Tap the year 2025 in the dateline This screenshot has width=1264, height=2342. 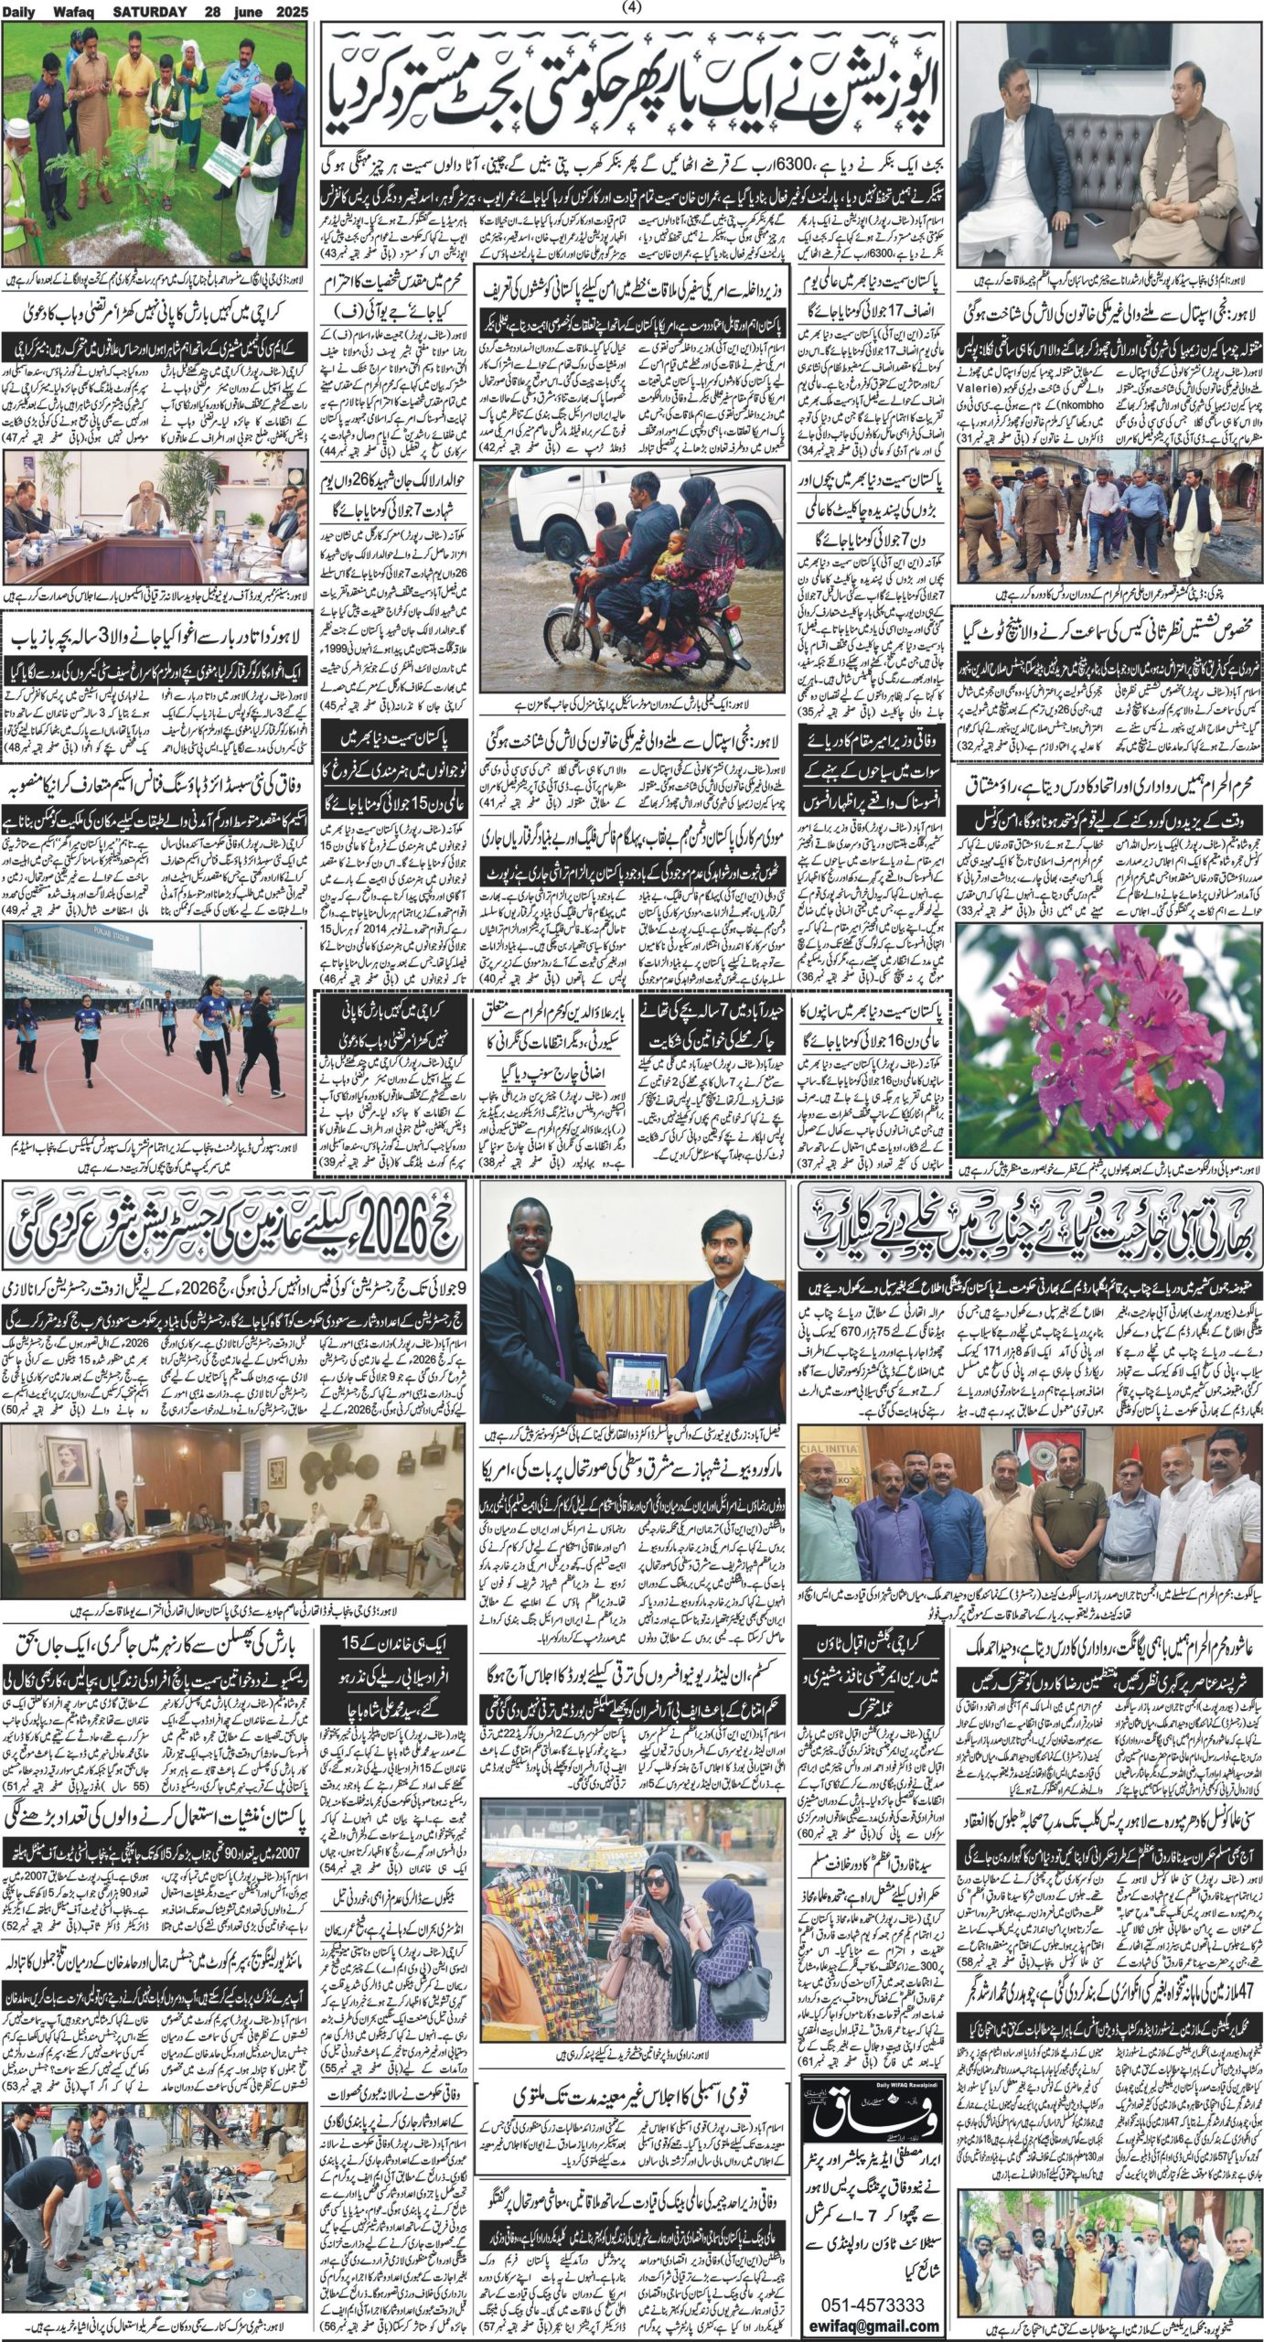pos(289,11)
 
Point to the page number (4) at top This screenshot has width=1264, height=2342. pos(632,8)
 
